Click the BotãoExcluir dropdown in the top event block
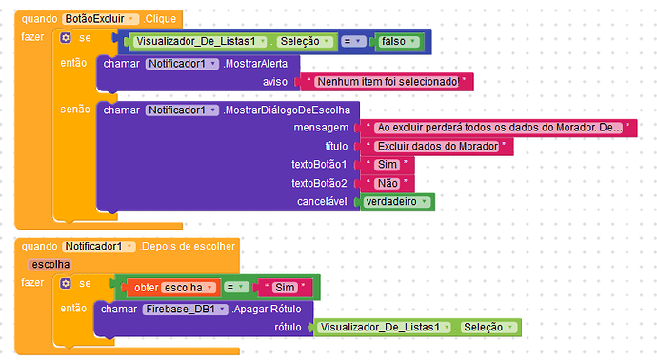[101, 18]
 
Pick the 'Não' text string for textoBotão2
[387, 183]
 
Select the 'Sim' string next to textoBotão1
[387, 165]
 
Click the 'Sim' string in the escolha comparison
[285, 287]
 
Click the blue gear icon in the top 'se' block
[65, 38]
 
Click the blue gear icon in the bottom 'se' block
[65, 284]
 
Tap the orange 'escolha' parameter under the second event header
[49, 264]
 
